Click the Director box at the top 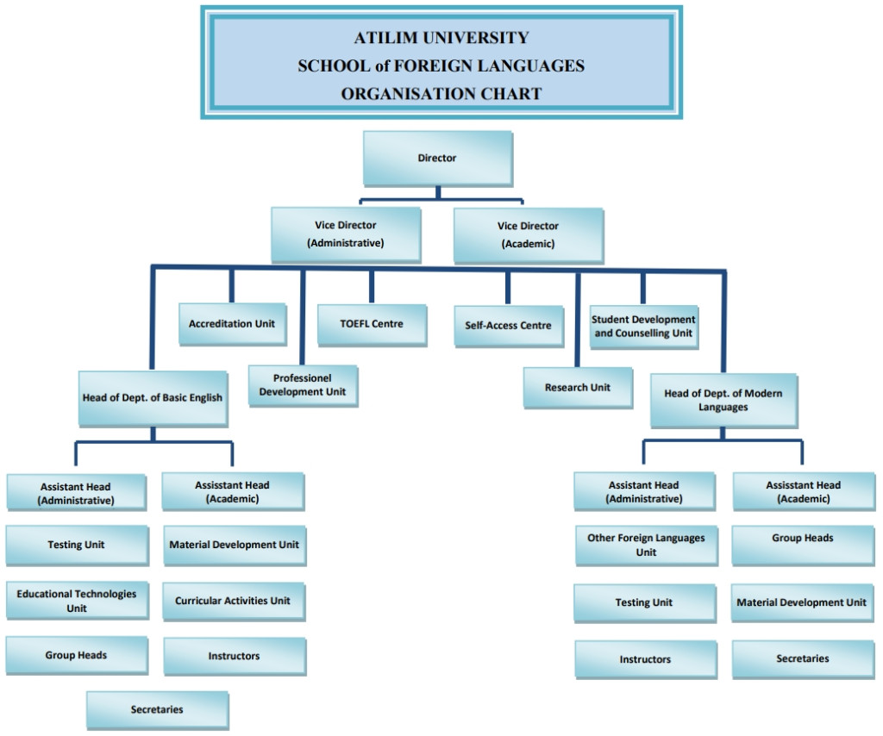(437, 159)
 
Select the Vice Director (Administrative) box (346, 234)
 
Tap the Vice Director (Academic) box (528, 234)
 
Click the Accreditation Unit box (232, 324)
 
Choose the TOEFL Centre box (372, 324)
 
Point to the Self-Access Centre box (508, 326)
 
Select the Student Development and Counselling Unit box (643, 327)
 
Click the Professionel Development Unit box (303, 385)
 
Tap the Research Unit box (578, 388)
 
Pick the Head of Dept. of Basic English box (153, 398)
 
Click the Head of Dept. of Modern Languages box (723, 400)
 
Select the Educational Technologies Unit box (77, 601)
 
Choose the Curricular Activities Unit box (233, 601)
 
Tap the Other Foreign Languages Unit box (646, 546)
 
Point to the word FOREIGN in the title (441, 65)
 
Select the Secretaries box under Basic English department (157, 709)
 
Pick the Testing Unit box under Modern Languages (644, 602)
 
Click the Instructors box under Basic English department (234, 656)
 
